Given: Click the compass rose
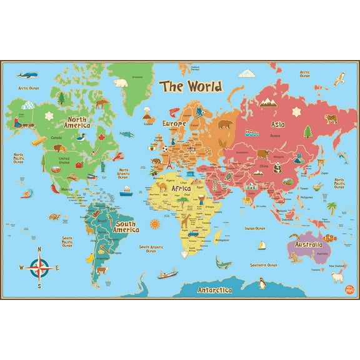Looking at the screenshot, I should [x=40, y=268].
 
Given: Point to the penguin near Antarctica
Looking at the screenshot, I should [x=263, y=285].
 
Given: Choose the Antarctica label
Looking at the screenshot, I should [x=214, y=291].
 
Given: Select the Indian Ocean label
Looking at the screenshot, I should [x=255, y=229].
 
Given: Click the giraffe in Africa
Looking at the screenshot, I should [x=185, y=221].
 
